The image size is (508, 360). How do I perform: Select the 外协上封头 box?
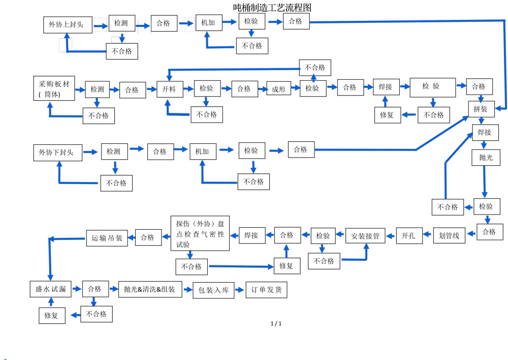click(68, 24)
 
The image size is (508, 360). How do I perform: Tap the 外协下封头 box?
click(57, 152)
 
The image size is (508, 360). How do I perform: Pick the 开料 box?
click(169, 89)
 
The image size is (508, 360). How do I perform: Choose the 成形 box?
click(279, 89)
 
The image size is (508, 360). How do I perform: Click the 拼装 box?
click(481, 109)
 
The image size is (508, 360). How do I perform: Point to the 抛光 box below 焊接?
click(486, 158)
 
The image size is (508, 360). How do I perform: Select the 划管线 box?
click(449, 235)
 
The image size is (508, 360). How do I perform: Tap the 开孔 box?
click(408, 235)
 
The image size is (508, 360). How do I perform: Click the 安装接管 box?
click(365, 236)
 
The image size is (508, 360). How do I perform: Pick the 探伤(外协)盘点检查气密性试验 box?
click(200, 233)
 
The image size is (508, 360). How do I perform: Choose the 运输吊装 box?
click(107, 237)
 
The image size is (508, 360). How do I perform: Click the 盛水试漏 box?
click(50, 289)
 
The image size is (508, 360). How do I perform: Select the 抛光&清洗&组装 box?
click(150, 289)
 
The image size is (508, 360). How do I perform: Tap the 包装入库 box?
click(213, 290)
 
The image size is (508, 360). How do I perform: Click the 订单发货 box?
click(266, 290)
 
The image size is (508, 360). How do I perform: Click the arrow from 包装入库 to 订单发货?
click(239, 290)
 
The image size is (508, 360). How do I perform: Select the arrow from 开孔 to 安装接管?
click(391, 235)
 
